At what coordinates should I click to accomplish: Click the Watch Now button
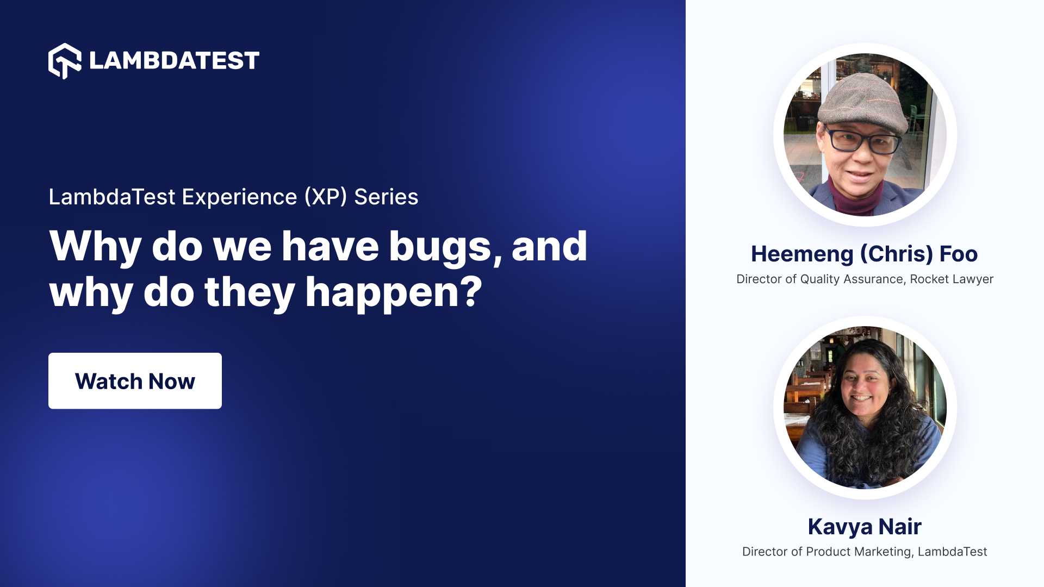coord(135,381)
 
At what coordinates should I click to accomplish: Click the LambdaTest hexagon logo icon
coord(64,61)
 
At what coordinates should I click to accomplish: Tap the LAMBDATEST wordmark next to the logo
coord(174,60)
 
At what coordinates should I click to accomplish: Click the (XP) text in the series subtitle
coord(325,197)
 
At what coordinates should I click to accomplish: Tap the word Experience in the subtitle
coord(239,197)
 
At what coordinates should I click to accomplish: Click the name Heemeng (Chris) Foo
coord(864,254)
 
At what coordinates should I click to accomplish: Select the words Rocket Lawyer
coord(952,279)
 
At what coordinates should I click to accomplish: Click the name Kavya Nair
coord(864,526)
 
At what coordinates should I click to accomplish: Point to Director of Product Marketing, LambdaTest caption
coord(864,552)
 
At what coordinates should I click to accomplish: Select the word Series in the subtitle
coord(386,197)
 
